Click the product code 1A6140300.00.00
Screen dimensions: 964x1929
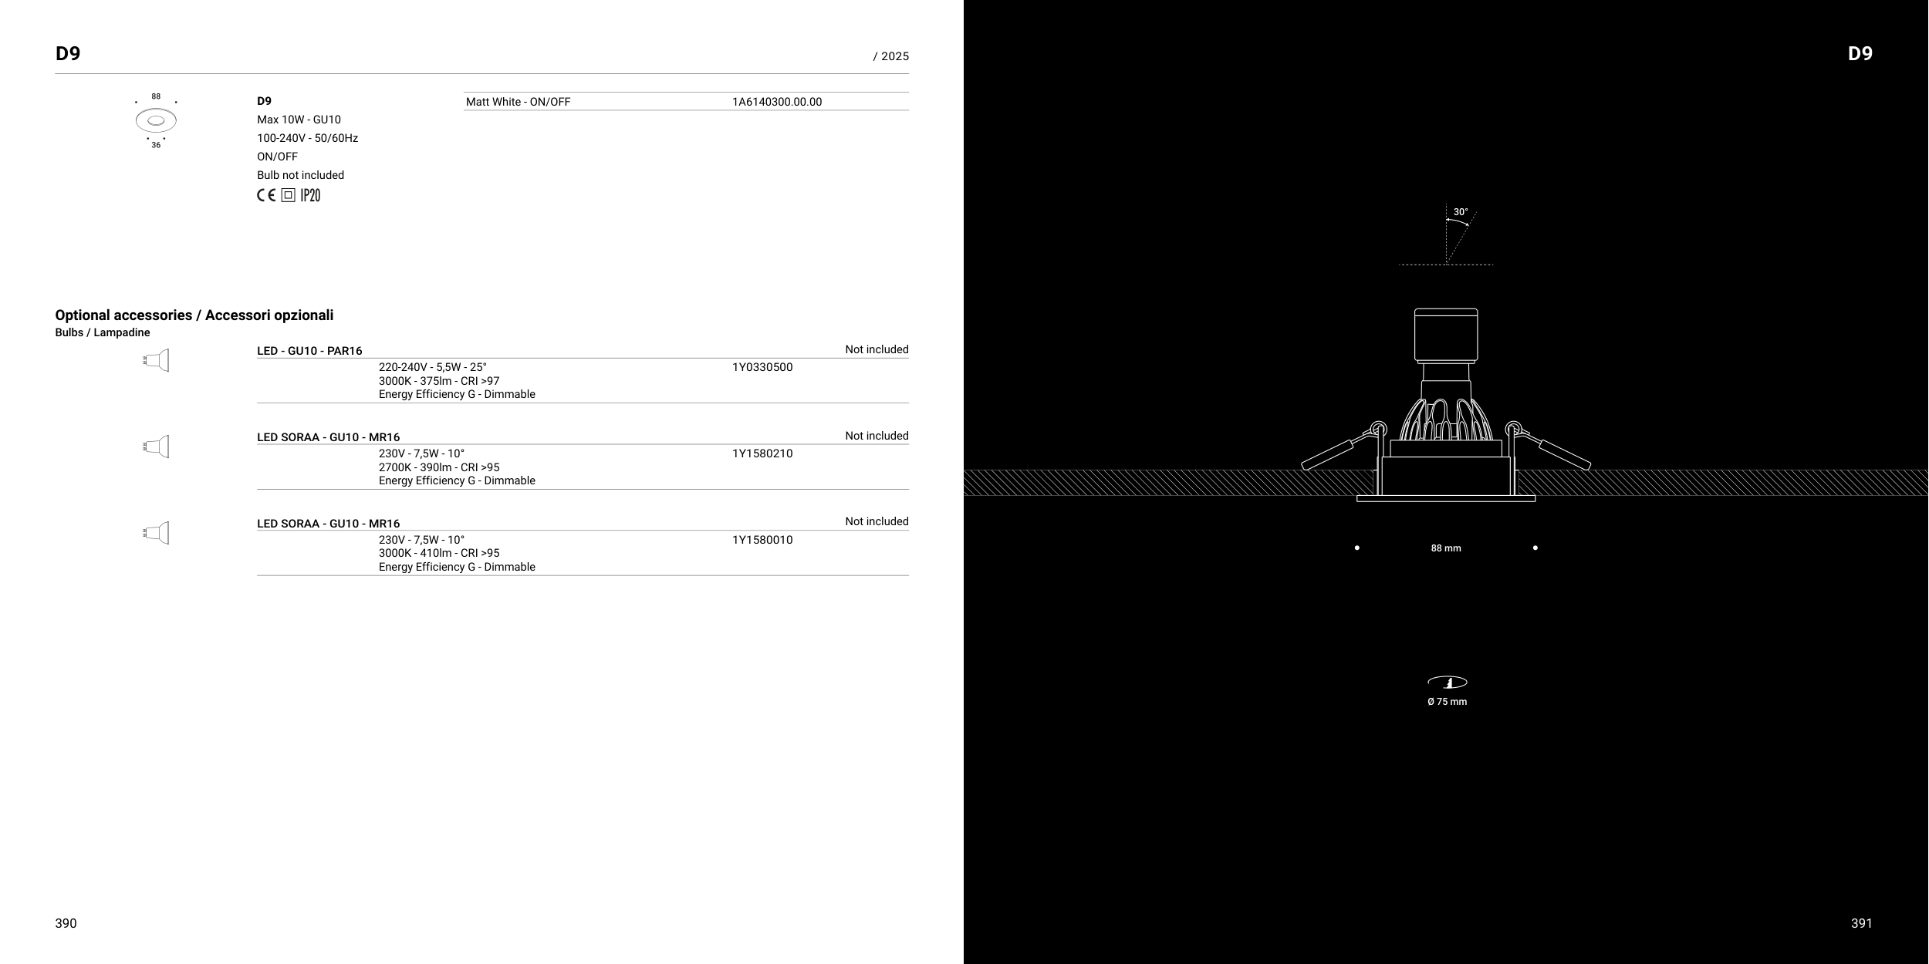[776, 102]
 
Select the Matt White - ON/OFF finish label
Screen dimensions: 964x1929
[518, 102]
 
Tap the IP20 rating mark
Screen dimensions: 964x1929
[310, 196]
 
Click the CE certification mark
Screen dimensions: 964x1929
[266, 196]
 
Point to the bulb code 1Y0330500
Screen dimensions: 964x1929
[762, 367]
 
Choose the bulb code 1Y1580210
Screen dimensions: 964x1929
[762, 453]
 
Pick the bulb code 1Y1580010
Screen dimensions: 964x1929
[762, 540]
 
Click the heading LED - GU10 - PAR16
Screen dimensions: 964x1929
[309, 351]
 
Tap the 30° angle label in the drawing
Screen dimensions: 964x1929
[1461, 212]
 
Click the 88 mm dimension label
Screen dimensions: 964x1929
[1445, 548]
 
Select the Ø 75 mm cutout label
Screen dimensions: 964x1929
[1447, 702]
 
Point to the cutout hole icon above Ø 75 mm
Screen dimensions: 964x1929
[1447, 682]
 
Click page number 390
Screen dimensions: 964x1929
[66, 923]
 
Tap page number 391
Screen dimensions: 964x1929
[1861, 923]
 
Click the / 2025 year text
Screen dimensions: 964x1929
[890, 56]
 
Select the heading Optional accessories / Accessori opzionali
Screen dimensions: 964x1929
[194, 315]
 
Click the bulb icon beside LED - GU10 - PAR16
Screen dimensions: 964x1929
[157, 360]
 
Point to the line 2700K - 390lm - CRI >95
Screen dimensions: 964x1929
[438, 467]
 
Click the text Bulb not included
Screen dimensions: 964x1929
[300, 175]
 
